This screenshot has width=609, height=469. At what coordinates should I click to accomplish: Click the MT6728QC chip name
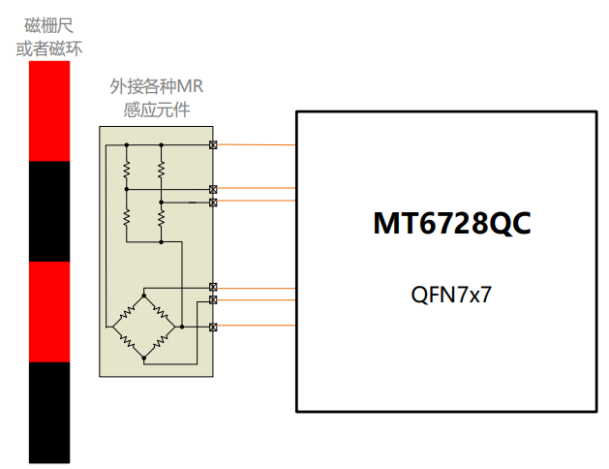(452, 223)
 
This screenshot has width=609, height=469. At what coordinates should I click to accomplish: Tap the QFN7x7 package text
(452, 295)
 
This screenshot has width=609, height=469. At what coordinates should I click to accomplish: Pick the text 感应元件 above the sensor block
(156, 109)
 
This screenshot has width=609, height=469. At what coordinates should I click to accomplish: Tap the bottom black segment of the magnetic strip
(48, 411)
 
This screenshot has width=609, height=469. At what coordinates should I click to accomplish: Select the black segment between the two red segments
(48, 210)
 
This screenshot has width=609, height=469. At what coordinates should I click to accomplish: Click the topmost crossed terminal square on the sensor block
(213, 145)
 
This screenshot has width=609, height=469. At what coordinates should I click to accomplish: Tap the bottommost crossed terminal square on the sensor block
(213, 328)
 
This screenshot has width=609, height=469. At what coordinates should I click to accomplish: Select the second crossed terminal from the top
(213, 189)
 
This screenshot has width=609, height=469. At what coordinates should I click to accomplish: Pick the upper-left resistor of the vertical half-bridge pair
(126, 170)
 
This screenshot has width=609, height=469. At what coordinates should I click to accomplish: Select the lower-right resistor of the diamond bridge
(161, 341)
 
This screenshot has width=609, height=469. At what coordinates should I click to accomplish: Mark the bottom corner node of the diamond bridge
(143, 359)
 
